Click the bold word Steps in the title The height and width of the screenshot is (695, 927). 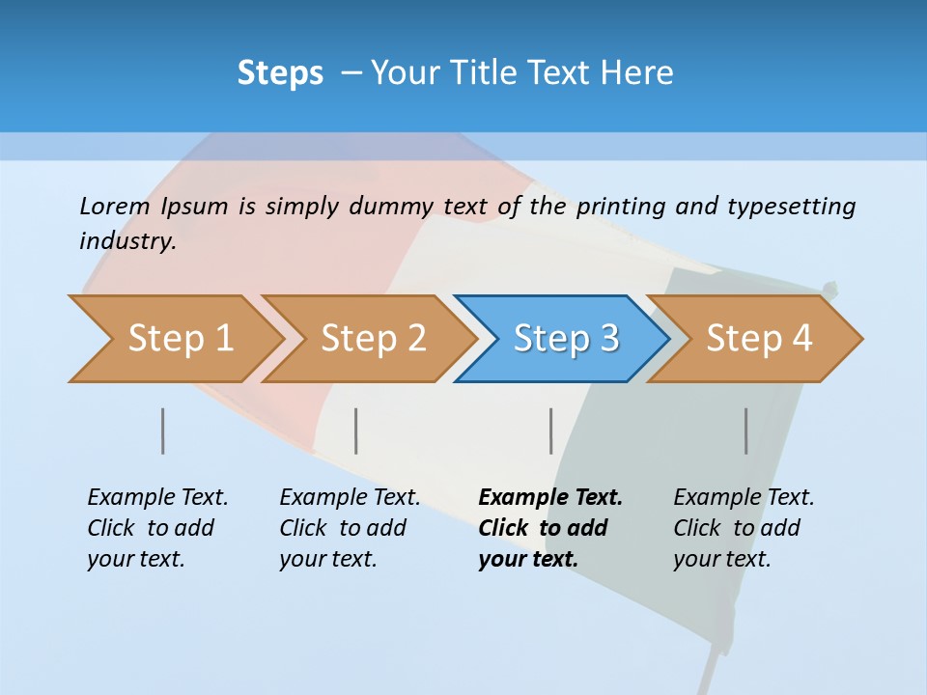coord(280,73)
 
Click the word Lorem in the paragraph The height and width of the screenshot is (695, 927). coord(114,207)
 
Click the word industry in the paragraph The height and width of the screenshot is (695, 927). coord(126,241)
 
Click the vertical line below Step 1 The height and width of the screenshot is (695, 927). coord(162,431)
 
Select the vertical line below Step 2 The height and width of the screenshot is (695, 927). coord(356,431)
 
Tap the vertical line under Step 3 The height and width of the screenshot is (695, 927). coord(550,431)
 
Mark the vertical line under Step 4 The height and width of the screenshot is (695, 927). coord(745,431)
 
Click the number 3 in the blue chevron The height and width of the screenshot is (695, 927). coord(608,339)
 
